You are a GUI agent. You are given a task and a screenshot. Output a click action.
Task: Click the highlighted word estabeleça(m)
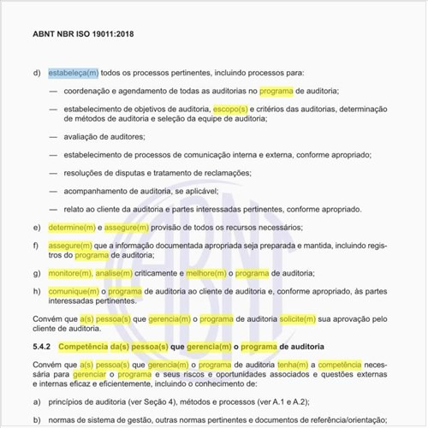[x=73, y=73]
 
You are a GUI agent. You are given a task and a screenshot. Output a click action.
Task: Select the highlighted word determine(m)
[x=73, y=228]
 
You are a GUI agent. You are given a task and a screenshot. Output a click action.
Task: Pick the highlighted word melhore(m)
[x=206, y=273]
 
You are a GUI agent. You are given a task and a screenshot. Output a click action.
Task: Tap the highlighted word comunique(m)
[x=74, y=291]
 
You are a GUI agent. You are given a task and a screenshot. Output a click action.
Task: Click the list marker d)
[x=37, y=73]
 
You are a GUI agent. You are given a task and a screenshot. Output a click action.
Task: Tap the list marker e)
[x=37, y=228]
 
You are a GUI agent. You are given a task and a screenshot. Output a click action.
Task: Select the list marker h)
[x=37, y=291]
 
